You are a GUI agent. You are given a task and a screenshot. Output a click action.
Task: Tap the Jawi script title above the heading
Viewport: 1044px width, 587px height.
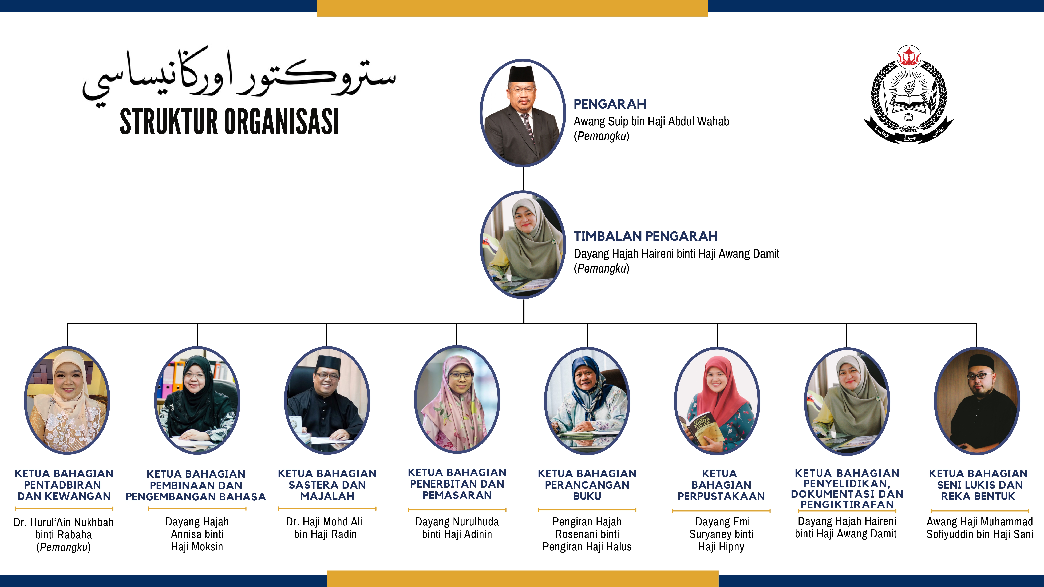pos(239,75)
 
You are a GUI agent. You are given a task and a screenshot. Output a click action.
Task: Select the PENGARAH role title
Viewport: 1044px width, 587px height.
pos(610,104)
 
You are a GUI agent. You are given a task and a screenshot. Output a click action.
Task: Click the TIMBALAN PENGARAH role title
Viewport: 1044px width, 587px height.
pos(646,236)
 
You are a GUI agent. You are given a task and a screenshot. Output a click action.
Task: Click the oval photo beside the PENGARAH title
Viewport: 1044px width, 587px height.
pos(523,113)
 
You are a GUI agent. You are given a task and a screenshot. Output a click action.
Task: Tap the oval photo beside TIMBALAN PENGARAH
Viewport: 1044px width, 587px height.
pos(523,245)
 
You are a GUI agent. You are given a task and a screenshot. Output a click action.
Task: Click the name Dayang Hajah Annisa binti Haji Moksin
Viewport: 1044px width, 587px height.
pos(197,534)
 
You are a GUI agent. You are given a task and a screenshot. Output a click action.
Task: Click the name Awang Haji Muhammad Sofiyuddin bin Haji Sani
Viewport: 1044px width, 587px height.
pos(980,528)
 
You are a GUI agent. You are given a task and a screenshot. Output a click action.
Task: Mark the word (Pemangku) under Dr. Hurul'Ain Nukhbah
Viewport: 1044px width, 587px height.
pos(64,547)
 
